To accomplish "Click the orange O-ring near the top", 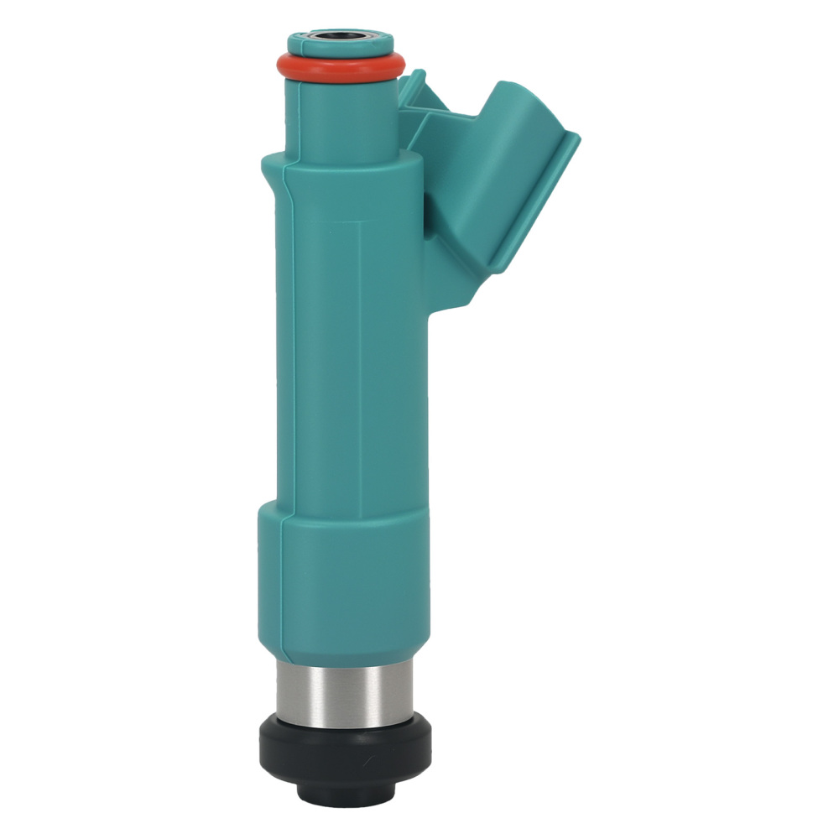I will click(x=340, y=67).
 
